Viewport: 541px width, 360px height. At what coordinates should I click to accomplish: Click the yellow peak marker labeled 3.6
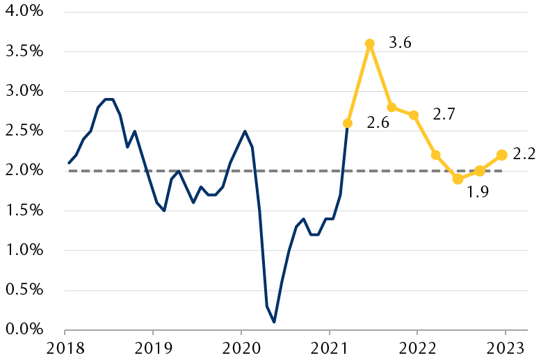[x=370, y=43]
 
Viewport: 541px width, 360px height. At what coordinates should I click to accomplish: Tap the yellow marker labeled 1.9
[x=458, y=179]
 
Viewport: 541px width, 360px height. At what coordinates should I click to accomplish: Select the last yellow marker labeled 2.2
[x=501, y=154]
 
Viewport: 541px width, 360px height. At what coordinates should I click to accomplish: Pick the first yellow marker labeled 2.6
[x=348, y=123]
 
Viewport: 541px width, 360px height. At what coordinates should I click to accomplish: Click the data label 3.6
[x=400, y=43]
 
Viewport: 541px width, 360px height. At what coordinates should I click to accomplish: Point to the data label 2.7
[x=444, y=114]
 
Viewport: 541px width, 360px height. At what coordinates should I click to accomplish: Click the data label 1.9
[x=477, y=192]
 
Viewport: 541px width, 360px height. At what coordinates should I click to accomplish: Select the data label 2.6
[x=378, y=124]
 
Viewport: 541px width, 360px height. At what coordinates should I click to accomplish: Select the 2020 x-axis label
[x=241, y=347]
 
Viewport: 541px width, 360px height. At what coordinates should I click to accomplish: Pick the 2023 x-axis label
[x=505, y=347]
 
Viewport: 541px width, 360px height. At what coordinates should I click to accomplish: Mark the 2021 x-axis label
[x=328, y=347]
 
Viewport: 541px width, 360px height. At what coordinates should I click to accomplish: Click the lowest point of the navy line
[x=274, y=322]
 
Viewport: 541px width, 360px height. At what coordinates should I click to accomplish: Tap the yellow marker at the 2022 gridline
[x=414, y=115]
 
